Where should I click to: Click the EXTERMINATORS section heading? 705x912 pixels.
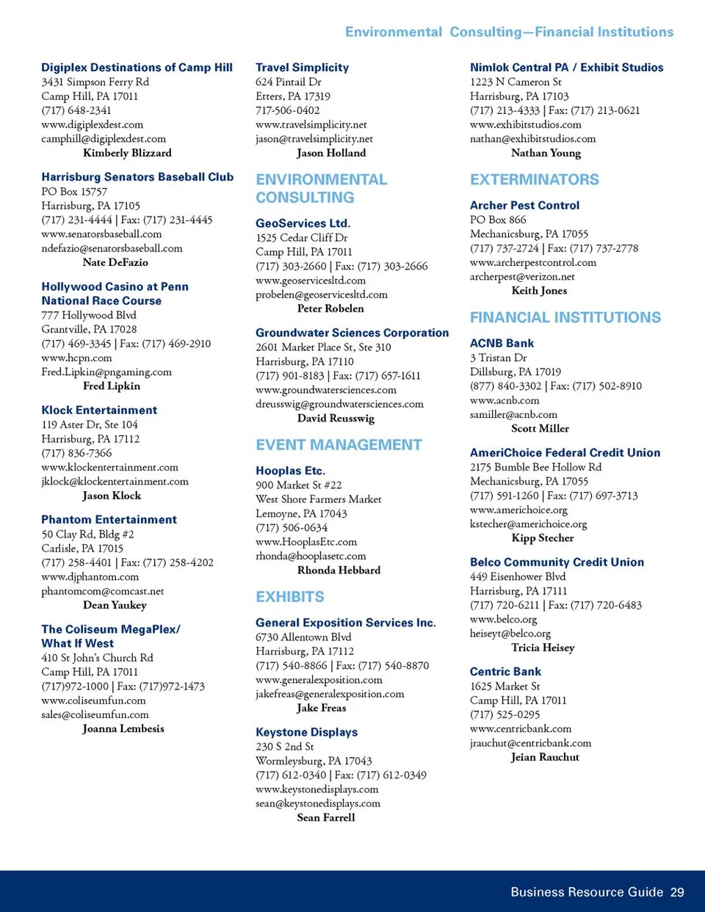(x=534, y=180)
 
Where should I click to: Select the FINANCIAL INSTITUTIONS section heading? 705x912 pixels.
(x=565, y=318)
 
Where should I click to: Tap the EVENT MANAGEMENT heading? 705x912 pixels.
(x=339, y=445)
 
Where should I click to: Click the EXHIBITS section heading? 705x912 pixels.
(x=289, y=597)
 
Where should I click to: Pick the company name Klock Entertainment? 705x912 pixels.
(x=99, y=410)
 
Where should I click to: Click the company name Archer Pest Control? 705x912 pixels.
(x=524, y=206)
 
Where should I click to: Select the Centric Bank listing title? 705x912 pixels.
(x=505, y=672)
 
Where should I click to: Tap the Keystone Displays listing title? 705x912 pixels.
(x=306, y=732)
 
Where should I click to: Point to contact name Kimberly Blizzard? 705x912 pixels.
(x=127, y=153)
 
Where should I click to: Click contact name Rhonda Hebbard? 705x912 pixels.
(x=339, y=570)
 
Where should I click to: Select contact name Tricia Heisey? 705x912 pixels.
(x=543, y=648)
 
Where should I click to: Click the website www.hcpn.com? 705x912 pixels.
(x=76, y=358)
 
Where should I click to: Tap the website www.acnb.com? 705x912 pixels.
(x=505, y=400)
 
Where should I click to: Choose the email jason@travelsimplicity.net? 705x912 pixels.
(x=314, y=139)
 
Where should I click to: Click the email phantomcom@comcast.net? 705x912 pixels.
(x=102, y=591)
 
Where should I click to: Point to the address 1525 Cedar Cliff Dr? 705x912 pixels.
(x=301, y=237)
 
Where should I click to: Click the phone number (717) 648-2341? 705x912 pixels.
(x=76, y=110)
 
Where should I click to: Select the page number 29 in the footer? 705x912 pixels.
(x=676, y=892)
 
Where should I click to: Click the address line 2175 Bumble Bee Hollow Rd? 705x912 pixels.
(x=535, y=467)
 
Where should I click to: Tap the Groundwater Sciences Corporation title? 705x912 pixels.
(x=352, y=333)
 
